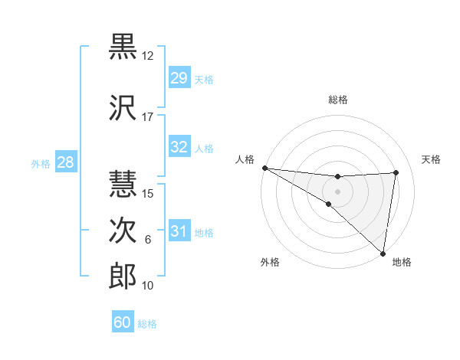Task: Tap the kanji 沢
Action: click(123, 107)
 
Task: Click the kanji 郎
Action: click(123, 277)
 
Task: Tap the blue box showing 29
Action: click(179, 78)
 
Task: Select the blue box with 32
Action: click(179, 147)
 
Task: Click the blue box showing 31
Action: click(179, 231)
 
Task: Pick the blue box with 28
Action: click(65, 162)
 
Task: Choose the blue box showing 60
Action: click(123, 322)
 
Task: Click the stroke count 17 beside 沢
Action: click(147, 117)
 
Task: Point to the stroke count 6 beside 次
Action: click(147, 240)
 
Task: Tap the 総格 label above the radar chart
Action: click(337, 100)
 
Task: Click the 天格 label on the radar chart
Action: click(431, 159)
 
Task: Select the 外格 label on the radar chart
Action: click(270, 262)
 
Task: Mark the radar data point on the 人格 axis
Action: click(264, 168)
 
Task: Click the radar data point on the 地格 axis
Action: click(383, 253)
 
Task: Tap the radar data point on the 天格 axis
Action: click(396, 172)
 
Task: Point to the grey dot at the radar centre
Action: click(337, 191)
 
